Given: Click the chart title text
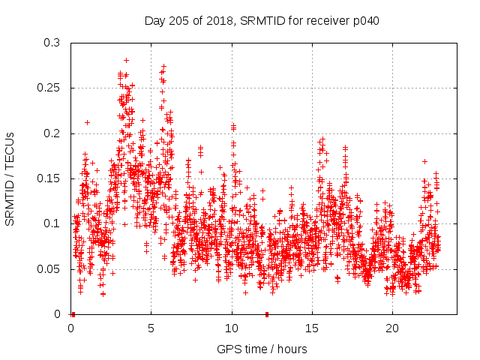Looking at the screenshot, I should click(262, 21).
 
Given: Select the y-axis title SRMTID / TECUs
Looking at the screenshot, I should click(10, 179).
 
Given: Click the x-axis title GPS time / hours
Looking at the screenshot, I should click(262, 349).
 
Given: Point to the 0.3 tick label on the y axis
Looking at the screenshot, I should click(52, 43).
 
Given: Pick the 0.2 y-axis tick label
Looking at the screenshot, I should click(52, 133).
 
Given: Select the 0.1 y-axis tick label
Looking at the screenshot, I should click(52, 223).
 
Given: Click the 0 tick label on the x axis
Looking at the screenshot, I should click(71, 328).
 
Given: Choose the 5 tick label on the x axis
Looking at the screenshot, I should click(151, 328).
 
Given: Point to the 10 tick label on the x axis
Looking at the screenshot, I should click(232, 328).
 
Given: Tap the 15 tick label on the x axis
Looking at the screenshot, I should click(312, 328).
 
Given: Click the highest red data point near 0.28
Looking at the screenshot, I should click(126, 60).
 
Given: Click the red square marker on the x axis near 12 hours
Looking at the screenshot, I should click(266, 314).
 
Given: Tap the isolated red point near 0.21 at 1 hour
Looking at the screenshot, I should click(87, 122).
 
